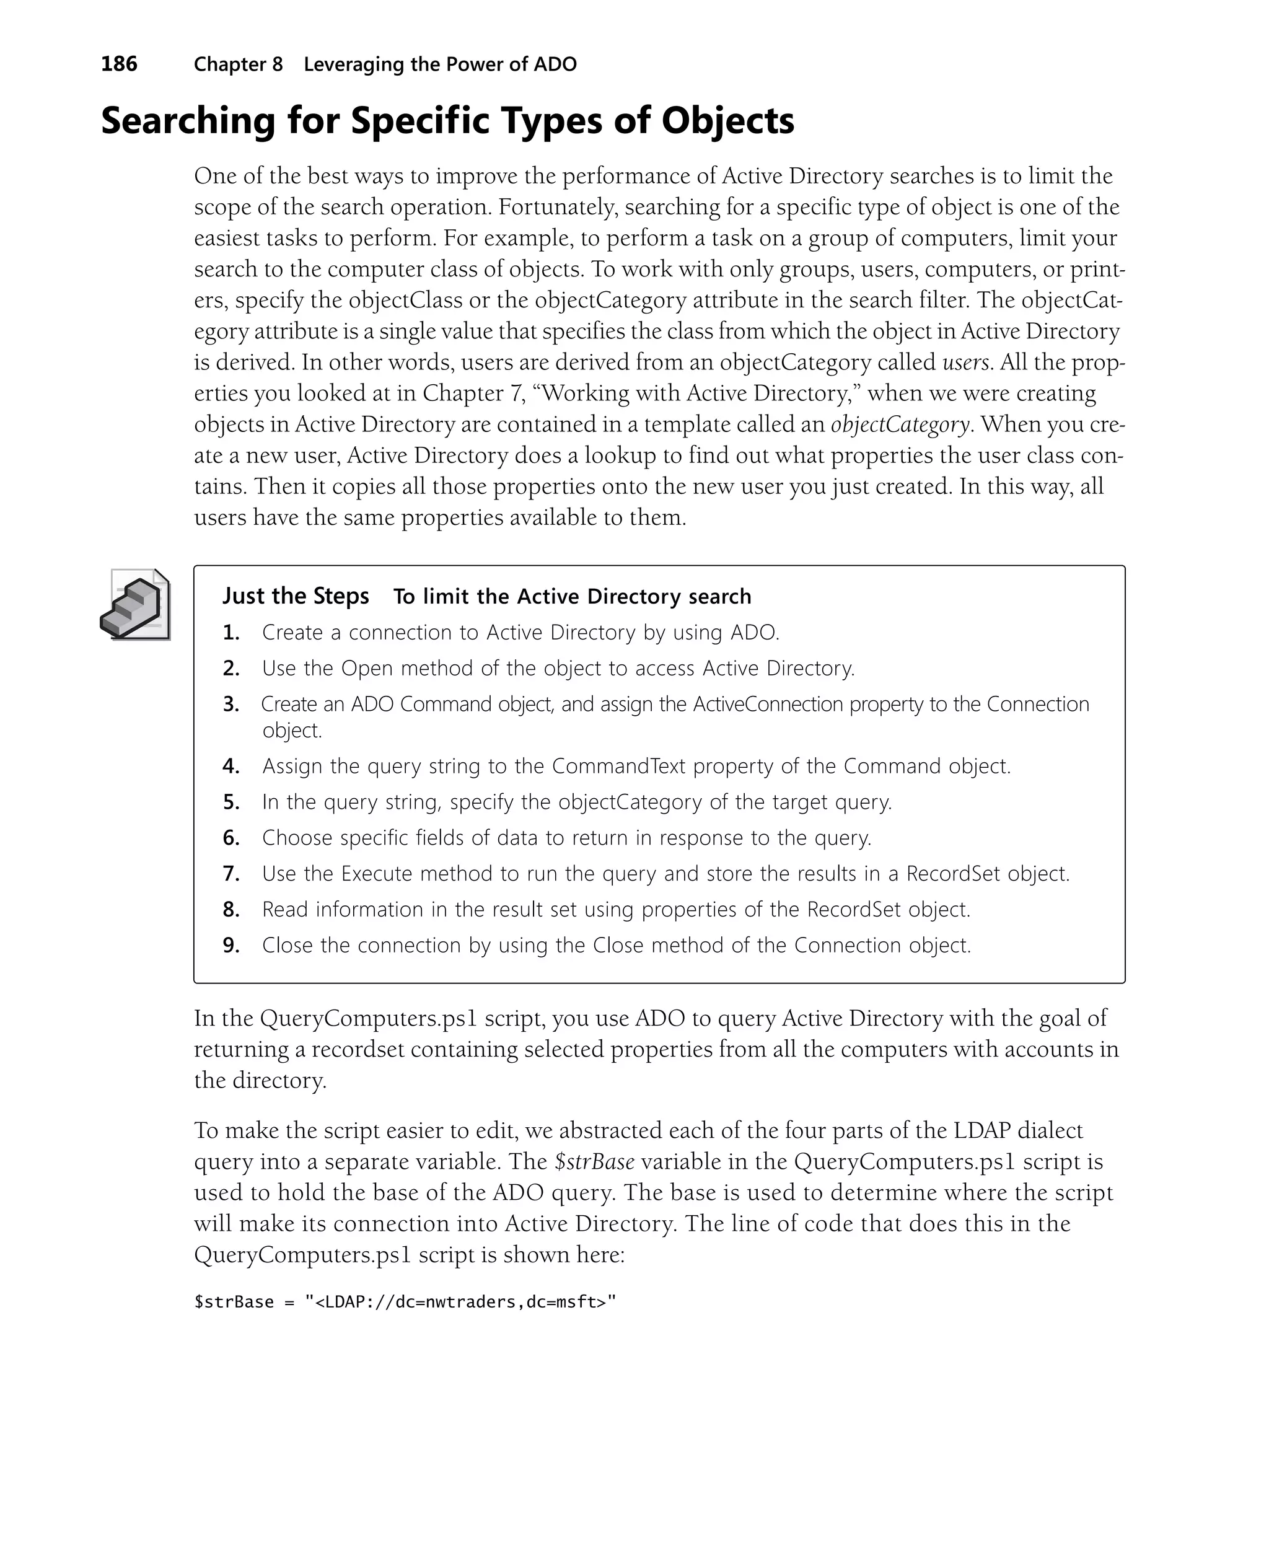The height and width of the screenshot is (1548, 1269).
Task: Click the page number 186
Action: click(119, 64)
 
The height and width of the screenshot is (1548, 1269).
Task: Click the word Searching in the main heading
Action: click(187, 121)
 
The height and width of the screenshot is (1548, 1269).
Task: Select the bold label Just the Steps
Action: click(296, 596)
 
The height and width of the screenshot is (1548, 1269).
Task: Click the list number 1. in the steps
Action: click(231, 633)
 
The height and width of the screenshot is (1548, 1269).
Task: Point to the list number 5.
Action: click(231, 803)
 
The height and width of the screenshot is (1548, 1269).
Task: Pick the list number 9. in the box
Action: click(231, 946)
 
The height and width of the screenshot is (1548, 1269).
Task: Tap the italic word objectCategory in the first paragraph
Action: click(899, 424)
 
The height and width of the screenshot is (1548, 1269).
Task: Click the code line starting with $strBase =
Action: click(405, 1302)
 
